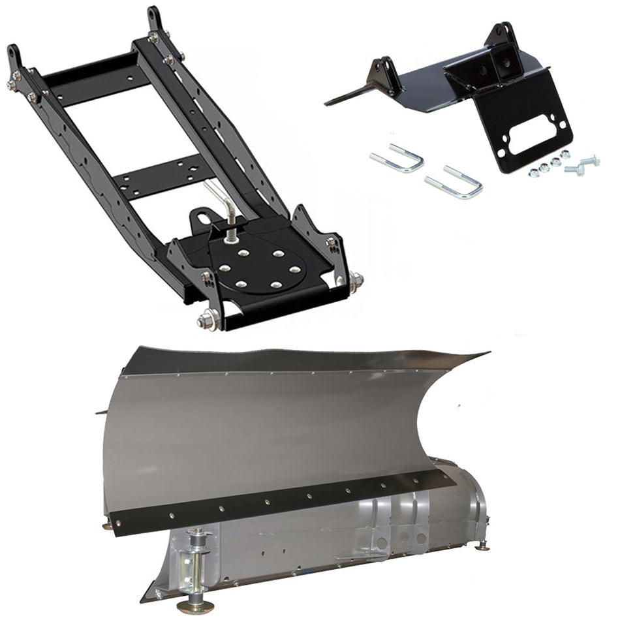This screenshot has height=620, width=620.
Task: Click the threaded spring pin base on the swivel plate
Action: coord(230,235)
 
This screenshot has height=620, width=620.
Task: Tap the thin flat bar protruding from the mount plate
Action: coord(349,97)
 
